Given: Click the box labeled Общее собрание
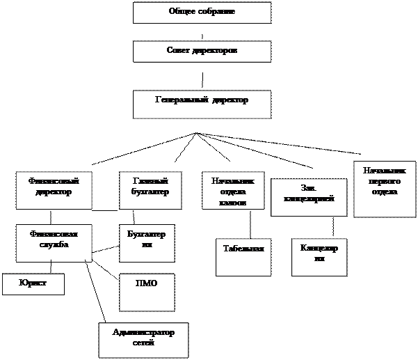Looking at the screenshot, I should (202, 13).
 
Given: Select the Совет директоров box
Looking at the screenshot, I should (202, 52).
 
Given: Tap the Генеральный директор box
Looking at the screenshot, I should (202, 103).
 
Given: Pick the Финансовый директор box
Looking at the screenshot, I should (54, 190).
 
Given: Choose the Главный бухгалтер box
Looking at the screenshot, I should (150, 190).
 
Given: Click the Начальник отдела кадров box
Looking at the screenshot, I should (233, 190).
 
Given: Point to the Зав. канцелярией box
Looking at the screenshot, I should (309, 197).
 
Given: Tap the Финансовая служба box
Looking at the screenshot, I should (54, 242).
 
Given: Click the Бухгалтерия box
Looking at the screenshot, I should (147, 242).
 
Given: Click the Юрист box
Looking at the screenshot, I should (33, 284).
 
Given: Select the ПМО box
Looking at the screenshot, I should (147, 292).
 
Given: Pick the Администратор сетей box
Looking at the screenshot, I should (143, 340).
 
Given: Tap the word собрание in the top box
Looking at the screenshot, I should (217, 12).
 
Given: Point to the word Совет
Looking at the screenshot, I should (179, 51).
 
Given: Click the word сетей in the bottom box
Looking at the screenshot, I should (143, 343).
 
